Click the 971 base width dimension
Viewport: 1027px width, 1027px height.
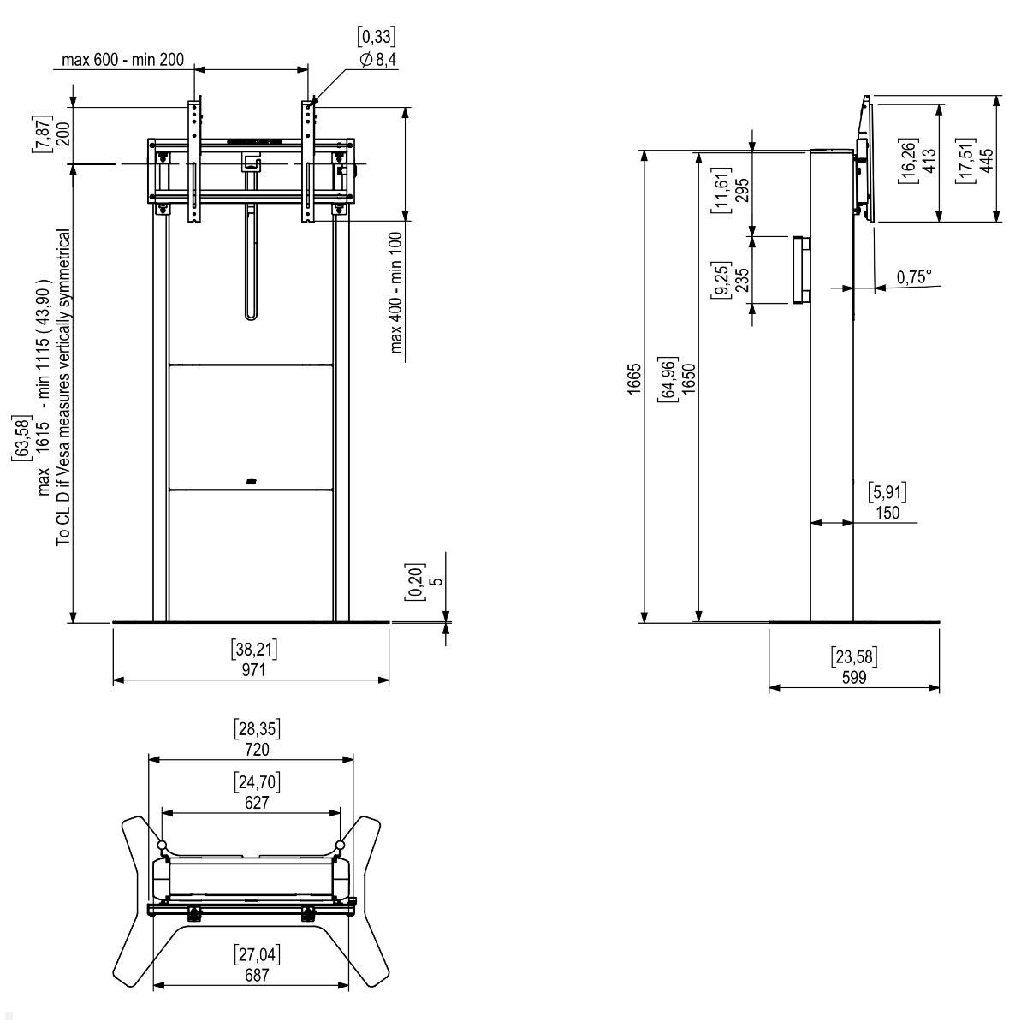253,669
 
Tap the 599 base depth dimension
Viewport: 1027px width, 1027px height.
854,677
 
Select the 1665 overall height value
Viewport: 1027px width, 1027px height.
633,379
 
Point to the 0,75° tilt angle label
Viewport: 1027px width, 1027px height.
914,277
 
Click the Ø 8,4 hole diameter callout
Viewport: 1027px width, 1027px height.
378,60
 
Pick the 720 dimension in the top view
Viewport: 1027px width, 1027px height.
257,750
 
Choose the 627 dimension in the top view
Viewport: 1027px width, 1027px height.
257,803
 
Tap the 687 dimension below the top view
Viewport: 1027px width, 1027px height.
257,976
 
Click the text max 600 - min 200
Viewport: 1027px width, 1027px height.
122,59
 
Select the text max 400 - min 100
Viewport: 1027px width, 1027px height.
396,293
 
